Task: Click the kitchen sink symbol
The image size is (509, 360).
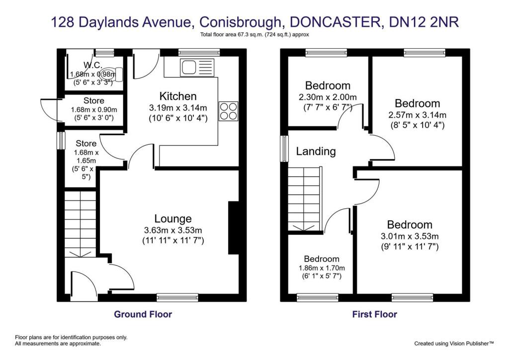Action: [197, 68]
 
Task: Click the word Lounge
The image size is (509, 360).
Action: [172, 218]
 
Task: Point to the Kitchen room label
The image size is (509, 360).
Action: [178, 96]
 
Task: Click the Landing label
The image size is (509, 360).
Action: [316, 151]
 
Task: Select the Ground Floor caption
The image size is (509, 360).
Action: [143, 314]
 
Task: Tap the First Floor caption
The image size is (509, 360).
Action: [374, 314]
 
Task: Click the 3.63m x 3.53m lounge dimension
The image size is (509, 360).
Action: [173, 230]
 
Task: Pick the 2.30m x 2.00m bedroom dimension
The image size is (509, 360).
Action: [328, 97]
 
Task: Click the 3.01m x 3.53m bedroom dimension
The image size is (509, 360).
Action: [410, 236]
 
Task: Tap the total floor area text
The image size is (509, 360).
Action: [254, 34]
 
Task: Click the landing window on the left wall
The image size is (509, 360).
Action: [284, 149]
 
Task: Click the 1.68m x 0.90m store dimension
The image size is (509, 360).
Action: [93, 110]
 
